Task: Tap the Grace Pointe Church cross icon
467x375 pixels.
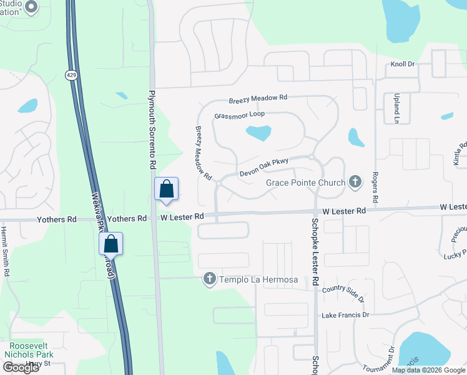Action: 355,182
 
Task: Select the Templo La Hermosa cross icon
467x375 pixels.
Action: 210,279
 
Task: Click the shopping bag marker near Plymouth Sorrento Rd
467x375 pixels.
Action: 167,189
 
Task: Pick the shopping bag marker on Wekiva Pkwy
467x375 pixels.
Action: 111,244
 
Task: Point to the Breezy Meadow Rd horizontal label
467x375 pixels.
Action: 258,99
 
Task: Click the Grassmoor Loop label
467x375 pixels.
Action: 239,115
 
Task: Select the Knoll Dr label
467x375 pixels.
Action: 403,64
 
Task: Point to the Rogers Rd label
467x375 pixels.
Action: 375,187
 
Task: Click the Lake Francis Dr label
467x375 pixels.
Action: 345,315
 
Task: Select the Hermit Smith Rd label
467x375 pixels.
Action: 6,251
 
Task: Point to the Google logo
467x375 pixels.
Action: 21,367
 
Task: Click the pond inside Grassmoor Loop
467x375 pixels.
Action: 258,132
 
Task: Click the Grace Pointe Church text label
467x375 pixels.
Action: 305,182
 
